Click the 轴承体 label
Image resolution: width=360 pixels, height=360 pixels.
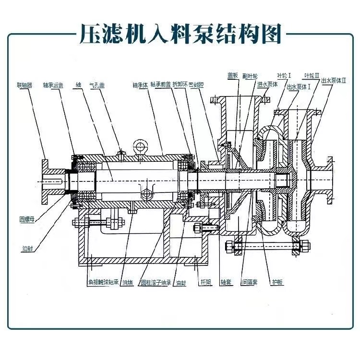pos(140,85)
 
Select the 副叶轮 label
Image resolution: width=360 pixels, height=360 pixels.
pos(250,75)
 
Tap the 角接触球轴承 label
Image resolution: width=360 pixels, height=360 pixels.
pos(103,283)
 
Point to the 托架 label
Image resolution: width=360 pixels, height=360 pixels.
pos(204,283)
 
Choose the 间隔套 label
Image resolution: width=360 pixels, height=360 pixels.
pos(248,283)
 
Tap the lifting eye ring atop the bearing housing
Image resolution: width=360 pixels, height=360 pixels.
pos(141,145)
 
